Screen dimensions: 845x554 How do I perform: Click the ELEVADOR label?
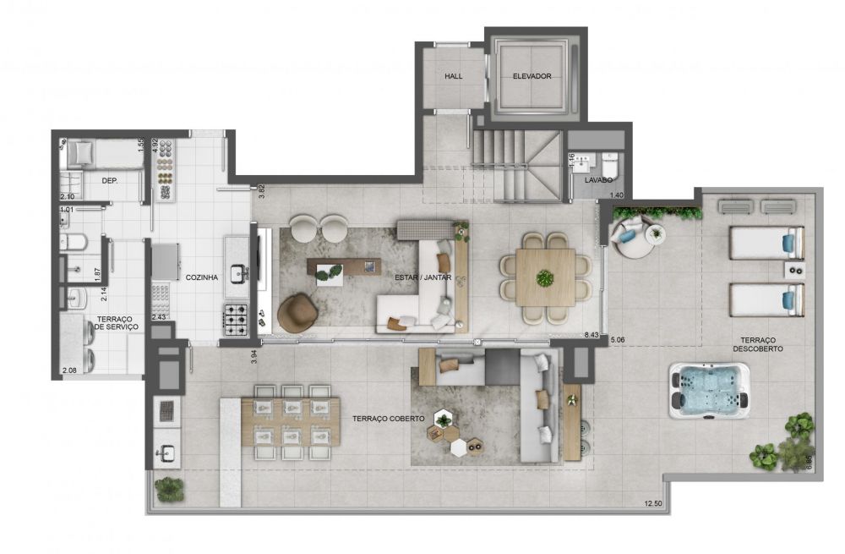tap(532, 76)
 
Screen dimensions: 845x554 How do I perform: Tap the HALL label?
tap(453, 76)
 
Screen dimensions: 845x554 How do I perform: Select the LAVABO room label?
tap(598, 180)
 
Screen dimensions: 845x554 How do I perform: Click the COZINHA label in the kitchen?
tap(202, 277)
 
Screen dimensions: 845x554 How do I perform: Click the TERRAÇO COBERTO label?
tap(389, 419)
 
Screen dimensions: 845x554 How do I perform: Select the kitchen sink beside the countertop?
tap(238, 273)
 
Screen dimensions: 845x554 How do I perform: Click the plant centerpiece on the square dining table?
tap(544, 278)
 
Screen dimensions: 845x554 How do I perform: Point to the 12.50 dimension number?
tap(652, 504)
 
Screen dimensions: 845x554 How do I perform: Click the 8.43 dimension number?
tap(591, 335)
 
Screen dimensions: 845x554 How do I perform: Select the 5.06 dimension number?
tap(617, 340)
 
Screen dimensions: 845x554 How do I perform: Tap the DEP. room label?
tap(110, 181)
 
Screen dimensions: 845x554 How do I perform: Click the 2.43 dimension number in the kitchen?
tap(159, 317)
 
